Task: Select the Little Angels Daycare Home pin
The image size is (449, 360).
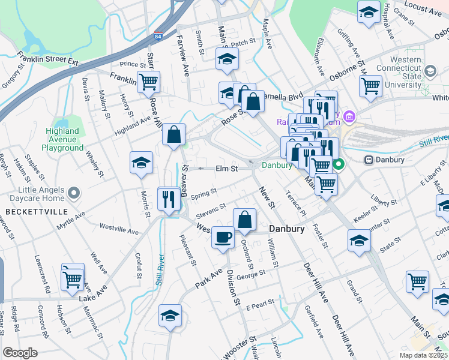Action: click(x=73, y=194)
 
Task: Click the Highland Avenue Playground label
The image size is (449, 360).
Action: click(x=62, y=139)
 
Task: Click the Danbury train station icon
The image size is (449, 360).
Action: click(x=369, y=160)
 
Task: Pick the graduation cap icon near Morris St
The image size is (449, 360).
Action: click(x=142, y=163)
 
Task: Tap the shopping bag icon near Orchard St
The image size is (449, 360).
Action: click(x=244, y=220)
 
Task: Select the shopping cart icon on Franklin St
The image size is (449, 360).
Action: click(x=148, y=82)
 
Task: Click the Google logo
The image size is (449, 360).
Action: click(x=20, y=352)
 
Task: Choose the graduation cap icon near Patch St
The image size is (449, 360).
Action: click(x=227, y=59)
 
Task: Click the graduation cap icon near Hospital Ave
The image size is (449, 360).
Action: click(x=367, y=12)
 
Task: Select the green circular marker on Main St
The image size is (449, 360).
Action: click(x=339, y=163)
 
